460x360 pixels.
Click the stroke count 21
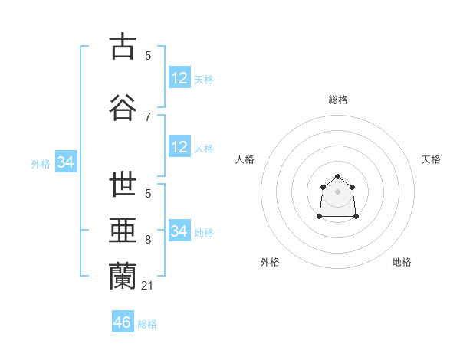tap(148, 286)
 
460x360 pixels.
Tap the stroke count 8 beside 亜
tap(148, 240)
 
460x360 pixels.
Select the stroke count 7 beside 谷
tap(148, 116)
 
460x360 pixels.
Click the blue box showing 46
tap(122, 322)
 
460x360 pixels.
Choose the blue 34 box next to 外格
tap(65, 162)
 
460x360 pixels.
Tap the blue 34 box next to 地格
tap(179, 231)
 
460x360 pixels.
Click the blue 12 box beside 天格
tap(179, 78)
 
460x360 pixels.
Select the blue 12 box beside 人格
tap(179, 147)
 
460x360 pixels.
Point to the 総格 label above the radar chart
tap(338, 100)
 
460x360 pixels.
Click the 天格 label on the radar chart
tap(431, 159)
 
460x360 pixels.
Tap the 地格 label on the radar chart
tap(402, 262)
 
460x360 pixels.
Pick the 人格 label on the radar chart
tap(245, 159)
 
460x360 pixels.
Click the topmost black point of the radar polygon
tap(337, 177)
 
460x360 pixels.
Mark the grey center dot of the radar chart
tap(337, 191)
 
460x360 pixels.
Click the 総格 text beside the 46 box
tap(147, 324)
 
